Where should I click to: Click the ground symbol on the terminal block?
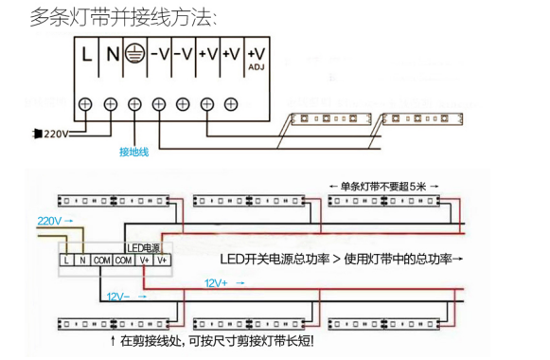134,54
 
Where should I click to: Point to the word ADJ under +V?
256,68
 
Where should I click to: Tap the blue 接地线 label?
133,152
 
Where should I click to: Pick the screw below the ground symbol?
134,104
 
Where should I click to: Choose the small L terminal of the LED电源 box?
67,260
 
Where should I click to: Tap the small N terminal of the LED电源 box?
83,260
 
